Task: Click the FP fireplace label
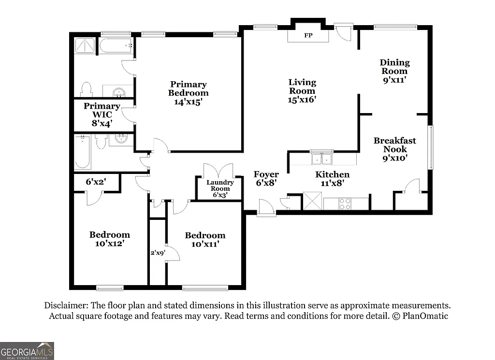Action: click(307, 35)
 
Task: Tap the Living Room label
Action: click(302, 91)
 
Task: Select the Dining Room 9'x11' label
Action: click(394, 71)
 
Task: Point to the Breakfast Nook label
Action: click(394, 149)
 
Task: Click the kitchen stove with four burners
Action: click(345, 203)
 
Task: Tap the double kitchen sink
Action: click(321, 158)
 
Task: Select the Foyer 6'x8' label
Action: click(266, 178)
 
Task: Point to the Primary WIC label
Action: click(102, 114)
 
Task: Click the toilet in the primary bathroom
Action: click(87, 89)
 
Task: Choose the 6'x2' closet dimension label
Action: click(96, 182)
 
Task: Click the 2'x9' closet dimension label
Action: click(157, 252)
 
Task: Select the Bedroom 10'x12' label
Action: click(109, 239)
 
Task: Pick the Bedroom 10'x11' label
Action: click(205, 240)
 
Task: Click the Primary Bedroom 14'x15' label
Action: click(188, 93)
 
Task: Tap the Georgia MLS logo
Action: click(27, 350)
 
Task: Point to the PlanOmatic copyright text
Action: click(420, 316)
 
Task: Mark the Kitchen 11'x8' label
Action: click(332, 179)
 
